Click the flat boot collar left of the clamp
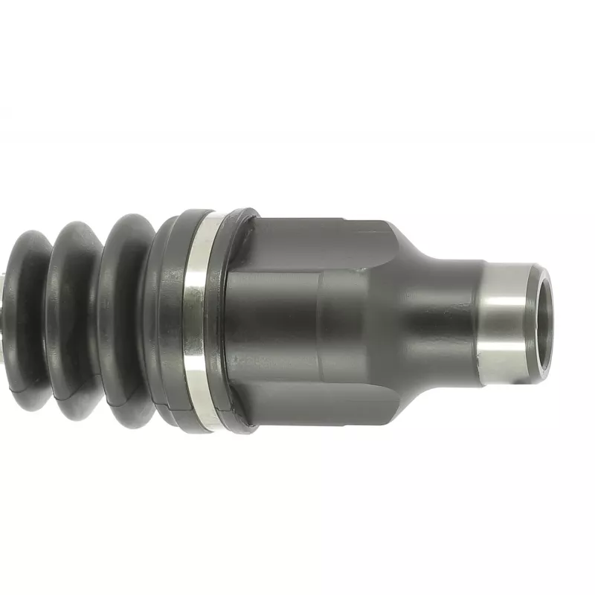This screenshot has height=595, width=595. point(167,320)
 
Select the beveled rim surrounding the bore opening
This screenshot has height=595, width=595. point(537,283)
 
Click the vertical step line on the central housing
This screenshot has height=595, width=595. point(321,320)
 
